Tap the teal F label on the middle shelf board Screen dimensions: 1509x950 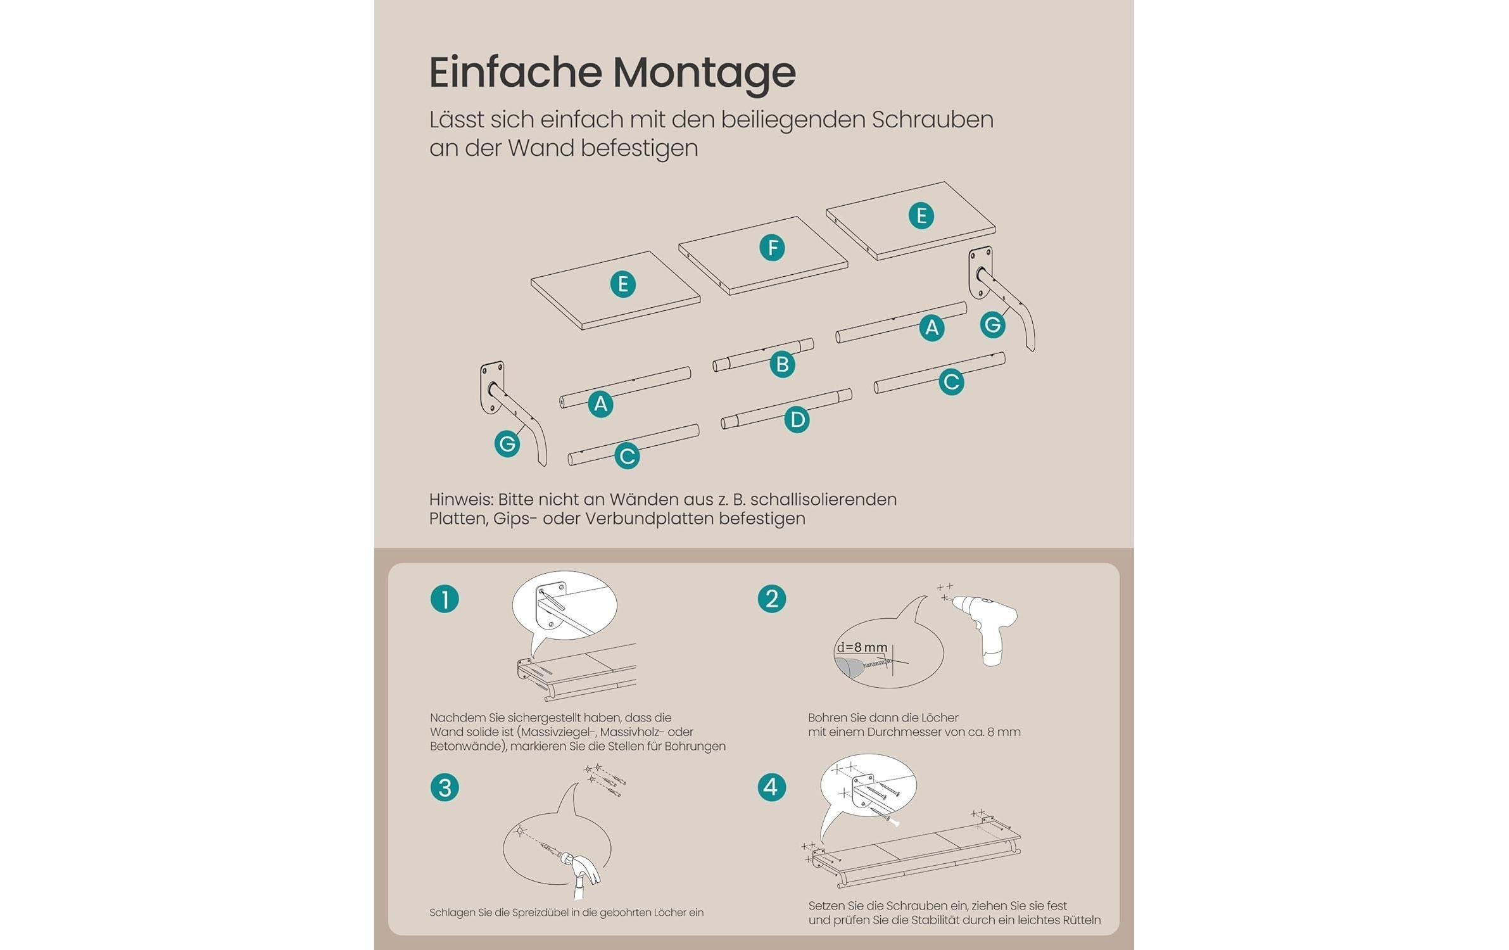point(772,248)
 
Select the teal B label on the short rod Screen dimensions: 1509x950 point(782,364)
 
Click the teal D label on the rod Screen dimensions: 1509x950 point(797,419)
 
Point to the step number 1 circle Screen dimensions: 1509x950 point(445,598)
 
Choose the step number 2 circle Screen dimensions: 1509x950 point(772,598)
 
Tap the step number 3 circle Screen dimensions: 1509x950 point(445,788)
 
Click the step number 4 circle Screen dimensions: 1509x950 point(771,787)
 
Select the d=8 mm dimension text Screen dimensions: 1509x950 point(862,647)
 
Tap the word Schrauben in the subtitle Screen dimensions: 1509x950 point(932,120)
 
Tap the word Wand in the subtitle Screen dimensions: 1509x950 point(540,148)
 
